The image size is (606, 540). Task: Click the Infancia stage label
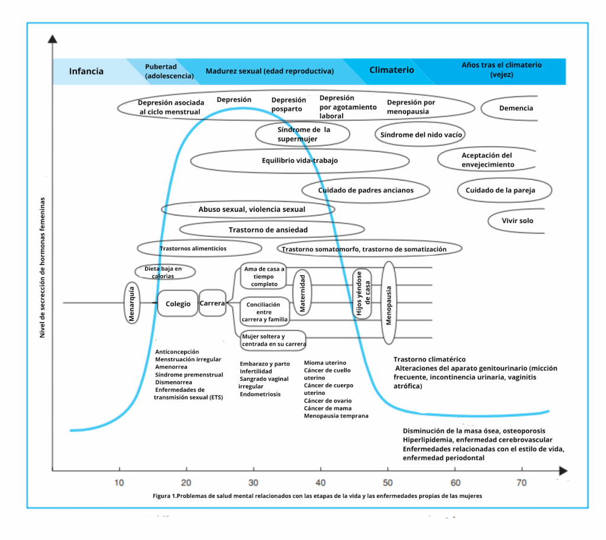pyautogui.click(x=86, y=71)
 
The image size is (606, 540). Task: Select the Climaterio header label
pyautogui.click(x=391, y=70)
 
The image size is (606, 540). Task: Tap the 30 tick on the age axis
pyautogui.click(x=254, y=483)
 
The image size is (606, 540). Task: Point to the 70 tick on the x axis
pyautogui.click(x=521, y=483)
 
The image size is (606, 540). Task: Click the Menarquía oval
pyautogui.click(x=132, y=303)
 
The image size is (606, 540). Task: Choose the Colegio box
pyautogui.click(x=178, y=304)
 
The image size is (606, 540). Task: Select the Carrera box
pyautogui.click(x=212, y=303)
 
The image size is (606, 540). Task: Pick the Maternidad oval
pyautogui.click(x=302, y=293)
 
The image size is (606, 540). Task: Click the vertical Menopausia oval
pyautogui.click(x=389, y=303)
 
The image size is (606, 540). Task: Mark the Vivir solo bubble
pyautogui.click(x=517, y=220)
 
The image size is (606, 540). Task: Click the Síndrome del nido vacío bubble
pyautogui.click(x=421, y=134)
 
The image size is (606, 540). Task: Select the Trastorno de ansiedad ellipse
pyautogui.click(x=268, y=230)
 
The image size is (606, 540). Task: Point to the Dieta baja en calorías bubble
pyautogui.click(x=162, y=272)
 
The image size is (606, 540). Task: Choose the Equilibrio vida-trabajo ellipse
pyautogui.click(x=299, y=160)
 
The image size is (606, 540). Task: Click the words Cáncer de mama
pyautogui.click(x=327, y=408)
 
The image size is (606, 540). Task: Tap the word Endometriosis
pyautogui.click(x=260, y=394)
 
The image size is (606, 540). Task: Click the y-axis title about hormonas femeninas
pyautogui.click(x=43, y=267)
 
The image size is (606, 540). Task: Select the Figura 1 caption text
pyautogui.click(x=317, y=496)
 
